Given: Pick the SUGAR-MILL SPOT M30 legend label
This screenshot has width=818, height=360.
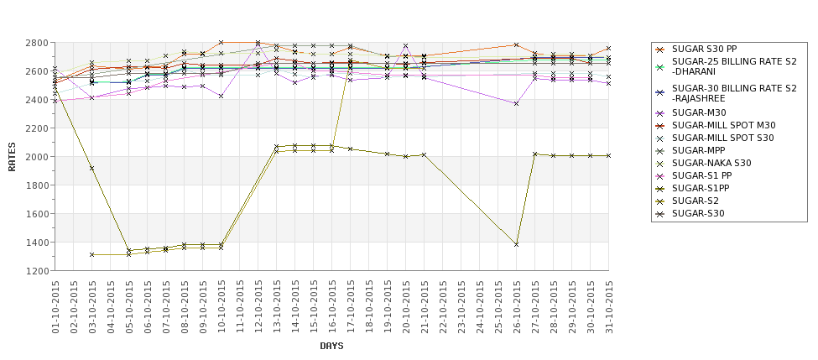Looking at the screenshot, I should pyautogui.click(x=724, y=125).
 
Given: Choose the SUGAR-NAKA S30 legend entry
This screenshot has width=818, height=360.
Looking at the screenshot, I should pyautogui.click(x=711, y=163).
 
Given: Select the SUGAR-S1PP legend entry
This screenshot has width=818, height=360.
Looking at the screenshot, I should pyautogui.click(x=701, y=188).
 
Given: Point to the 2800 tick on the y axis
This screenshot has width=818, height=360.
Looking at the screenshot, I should pyautogui.click(x=36, y=43).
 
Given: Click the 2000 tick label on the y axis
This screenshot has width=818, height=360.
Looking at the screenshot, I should pyautogui.click(x=36, y=157).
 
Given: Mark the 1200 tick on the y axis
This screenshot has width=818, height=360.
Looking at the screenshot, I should pyautogui.click(x=36, y=271).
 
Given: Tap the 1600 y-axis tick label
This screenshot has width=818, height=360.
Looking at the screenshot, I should pyautogui.click(x=36, y=214).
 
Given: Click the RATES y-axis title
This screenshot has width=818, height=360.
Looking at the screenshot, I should pyautogui.click(x=12, y=156).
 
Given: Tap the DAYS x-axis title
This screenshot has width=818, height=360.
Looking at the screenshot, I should pyautogui.click(x=331, y=346).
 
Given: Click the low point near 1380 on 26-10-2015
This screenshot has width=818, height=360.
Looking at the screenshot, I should pyautogui.click(x=517, y=244).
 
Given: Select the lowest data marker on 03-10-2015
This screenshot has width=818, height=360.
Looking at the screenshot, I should pyautogui.click(x=92, y=254).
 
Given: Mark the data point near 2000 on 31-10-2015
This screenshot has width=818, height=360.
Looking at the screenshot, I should pyautogui.click(x=609, y=155).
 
